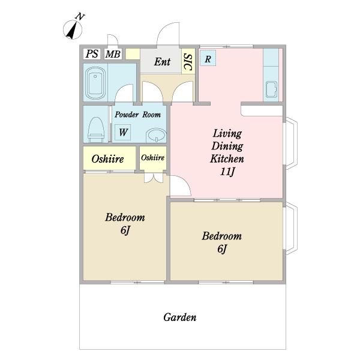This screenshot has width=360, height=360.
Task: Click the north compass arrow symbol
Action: pos(73,29)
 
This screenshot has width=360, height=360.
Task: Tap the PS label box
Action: pos(92,54)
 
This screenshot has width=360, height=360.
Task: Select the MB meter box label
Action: pos(113,54)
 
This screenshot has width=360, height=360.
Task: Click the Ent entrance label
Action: pos(163,62)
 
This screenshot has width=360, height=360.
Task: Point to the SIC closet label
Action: pos(188,62)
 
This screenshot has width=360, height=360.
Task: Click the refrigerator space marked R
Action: pos(208,58)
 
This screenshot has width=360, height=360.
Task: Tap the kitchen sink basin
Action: pos(271,90)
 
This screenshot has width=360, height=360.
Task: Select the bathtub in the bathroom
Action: pos(95,83)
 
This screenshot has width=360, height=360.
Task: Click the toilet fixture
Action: pos(96,130)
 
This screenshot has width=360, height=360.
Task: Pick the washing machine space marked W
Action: pos(123,132)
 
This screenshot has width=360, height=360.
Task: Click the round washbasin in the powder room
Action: pos(156,136)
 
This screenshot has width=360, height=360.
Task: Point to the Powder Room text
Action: pos(138,115)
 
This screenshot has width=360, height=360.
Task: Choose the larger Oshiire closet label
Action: pos(107,159)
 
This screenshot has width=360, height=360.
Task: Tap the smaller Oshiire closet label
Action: pos(152,157)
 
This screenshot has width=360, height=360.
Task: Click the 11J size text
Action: pos(227,171)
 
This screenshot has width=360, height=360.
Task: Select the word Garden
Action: pos(180,317)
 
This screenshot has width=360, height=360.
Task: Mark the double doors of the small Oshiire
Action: pos(154,178)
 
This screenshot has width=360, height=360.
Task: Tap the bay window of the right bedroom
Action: pos(291,229)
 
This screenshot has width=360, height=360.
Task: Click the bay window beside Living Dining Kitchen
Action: pos(291,143)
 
